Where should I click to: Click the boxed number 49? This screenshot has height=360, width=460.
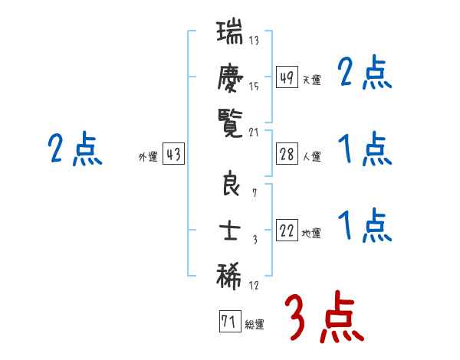[287, 78]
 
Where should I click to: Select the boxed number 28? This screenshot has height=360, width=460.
[287, 155]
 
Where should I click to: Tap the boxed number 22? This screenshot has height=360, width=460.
[287, 231]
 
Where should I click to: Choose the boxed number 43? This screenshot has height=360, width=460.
[173, 155]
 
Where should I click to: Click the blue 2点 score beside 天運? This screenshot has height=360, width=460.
[364, 74]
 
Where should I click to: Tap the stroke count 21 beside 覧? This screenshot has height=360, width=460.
[254, 131]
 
